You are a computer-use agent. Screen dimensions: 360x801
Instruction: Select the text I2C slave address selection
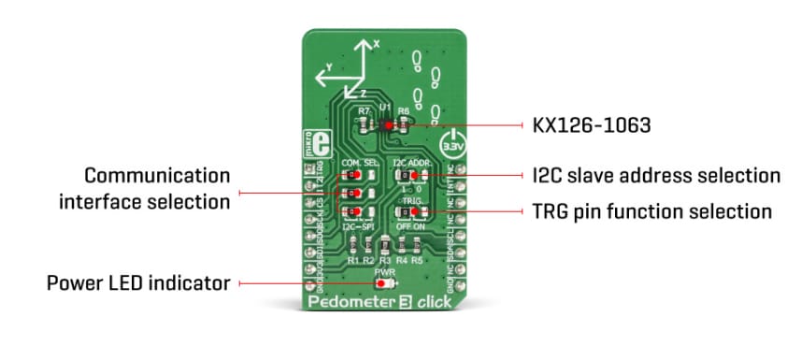tap(649, 175)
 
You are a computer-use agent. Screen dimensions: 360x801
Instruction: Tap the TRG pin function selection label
tap(647, 211)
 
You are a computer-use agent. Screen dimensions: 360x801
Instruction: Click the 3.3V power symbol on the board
tap(451, 148)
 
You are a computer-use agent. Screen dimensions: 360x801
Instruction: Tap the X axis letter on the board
tap(376, 44)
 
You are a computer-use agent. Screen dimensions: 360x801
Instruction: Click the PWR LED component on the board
tap(384, 283)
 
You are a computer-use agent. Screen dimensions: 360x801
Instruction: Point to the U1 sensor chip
tap(386, 123)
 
